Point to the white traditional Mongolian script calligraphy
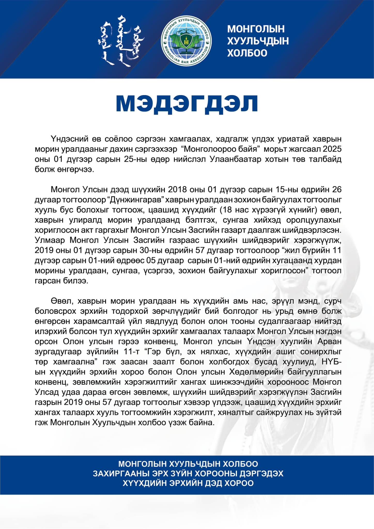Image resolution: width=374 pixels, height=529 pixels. pos(121,41)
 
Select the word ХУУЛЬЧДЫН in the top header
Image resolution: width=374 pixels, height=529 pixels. pos(258,41)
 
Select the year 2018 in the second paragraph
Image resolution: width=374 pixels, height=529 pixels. pos(178,189)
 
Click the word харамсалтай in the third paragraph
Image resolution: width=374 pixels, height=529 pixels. pos(99,321)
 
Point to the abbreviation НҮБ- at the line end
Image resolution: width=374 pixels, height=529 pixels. pos(332,362)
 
